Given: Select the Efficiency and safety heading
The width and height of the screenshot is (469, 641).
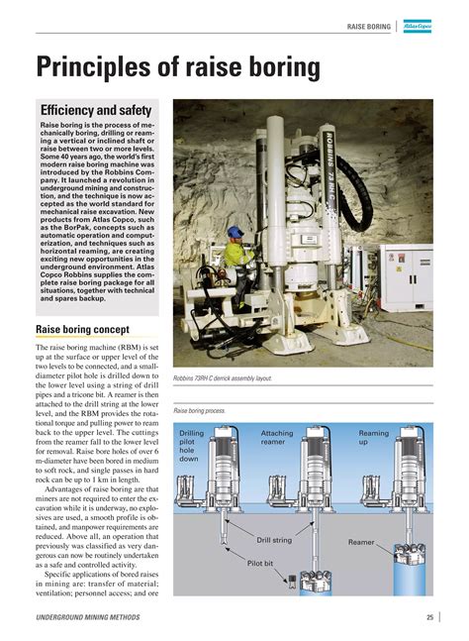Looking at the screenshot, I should (95, 110).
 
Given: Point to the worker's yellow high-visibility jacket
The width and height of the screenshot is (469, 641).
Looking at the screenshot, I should (238, 256).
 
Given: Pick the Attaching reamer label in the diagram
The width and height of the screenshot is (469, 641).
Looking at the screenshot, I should (278, 439).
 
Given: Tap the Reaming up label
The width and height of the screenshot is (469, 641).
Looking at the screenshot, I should (374, 439).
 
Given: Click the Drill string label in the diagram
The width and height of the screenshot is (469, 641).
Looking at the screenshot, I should (274, 540).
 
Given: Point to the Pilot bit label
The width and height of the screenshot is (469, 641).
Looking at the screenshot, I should (260, 562).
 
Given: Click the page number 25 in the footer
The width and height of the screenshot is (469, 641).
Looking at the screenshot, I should (430, 618).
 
